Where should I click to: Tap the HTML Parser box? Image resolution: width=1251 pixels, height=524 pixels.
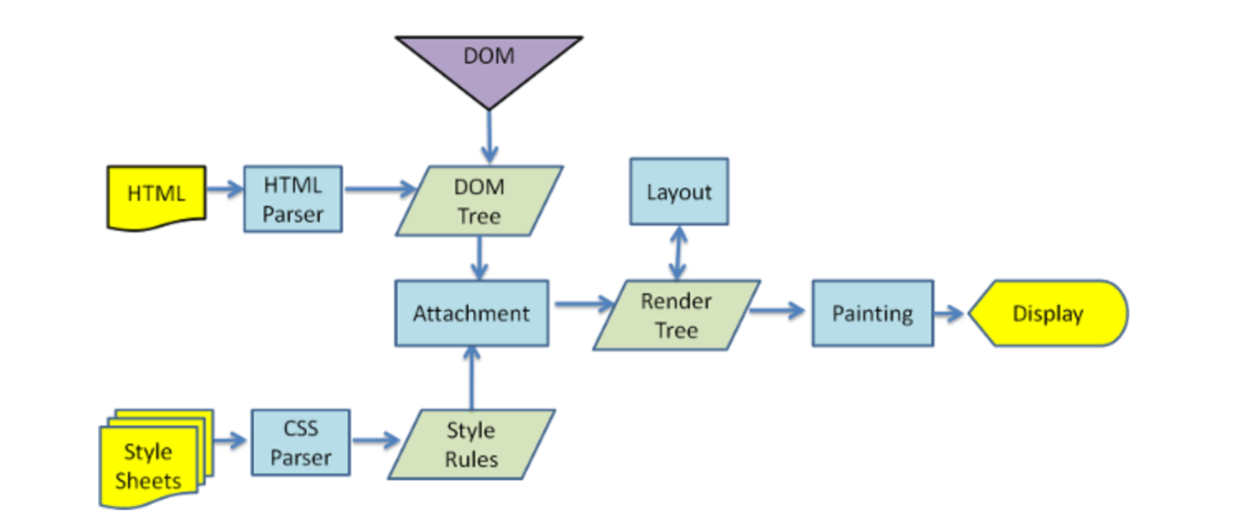click(x=293, y=199)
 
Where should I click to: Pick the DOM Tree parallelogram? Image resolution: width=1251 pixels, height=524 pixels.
click(x=479, y=200)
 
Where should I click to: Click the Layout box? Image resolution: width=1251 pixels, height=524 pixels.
click(x=679, y=191)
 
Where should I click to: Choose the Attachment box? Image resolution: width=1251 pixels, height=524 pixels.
click(x=472, y=313)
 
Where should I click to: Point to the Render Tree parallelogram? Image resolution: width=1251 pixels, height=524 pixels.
click(x=676, y=315)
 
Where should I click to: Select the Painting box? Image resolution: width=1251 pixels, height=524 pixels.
click(x=873, y=313)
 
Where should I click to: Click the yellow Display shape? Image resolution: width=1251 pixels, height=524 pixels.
click(x=1048, y=313)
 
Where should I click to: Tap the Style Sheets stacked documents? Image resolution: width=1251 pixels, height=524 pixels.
click(x=156, y=459)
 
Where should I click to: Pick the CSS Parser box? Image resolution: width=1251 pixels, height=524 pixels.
click(x=301, y=443)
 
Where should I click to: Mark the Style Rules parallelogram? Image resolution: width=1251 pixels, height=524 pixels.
click(x=472, y=444)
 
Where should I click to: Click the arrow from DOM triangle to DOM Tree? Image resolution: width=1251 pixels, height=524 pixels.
click(x=490, y=137)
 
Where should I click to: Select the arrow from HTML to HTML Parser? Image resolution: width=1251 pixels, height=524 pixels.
click(x=225, y=189)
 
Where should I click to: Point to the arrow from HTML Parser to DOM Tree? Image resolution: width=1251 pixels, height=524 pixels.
click(x=381, y=189)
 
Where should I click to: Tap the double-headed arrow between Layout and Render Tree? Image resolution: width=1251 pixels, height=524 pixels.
click(x=678, y=252)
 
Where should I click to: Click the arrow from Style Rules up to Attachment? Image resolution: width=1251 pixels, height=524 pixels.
click(x=472, y=377)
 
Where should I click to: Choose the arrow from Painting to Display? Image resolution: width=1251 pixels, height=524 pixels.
click(x=949, y=313)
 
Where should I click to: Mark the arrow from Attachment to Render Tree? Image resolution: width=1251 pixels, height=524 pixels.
click(x=584, y=304)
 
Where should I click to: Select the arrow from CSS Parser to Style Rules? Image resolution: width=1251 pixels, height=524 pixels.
click(x=376, y=441)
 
